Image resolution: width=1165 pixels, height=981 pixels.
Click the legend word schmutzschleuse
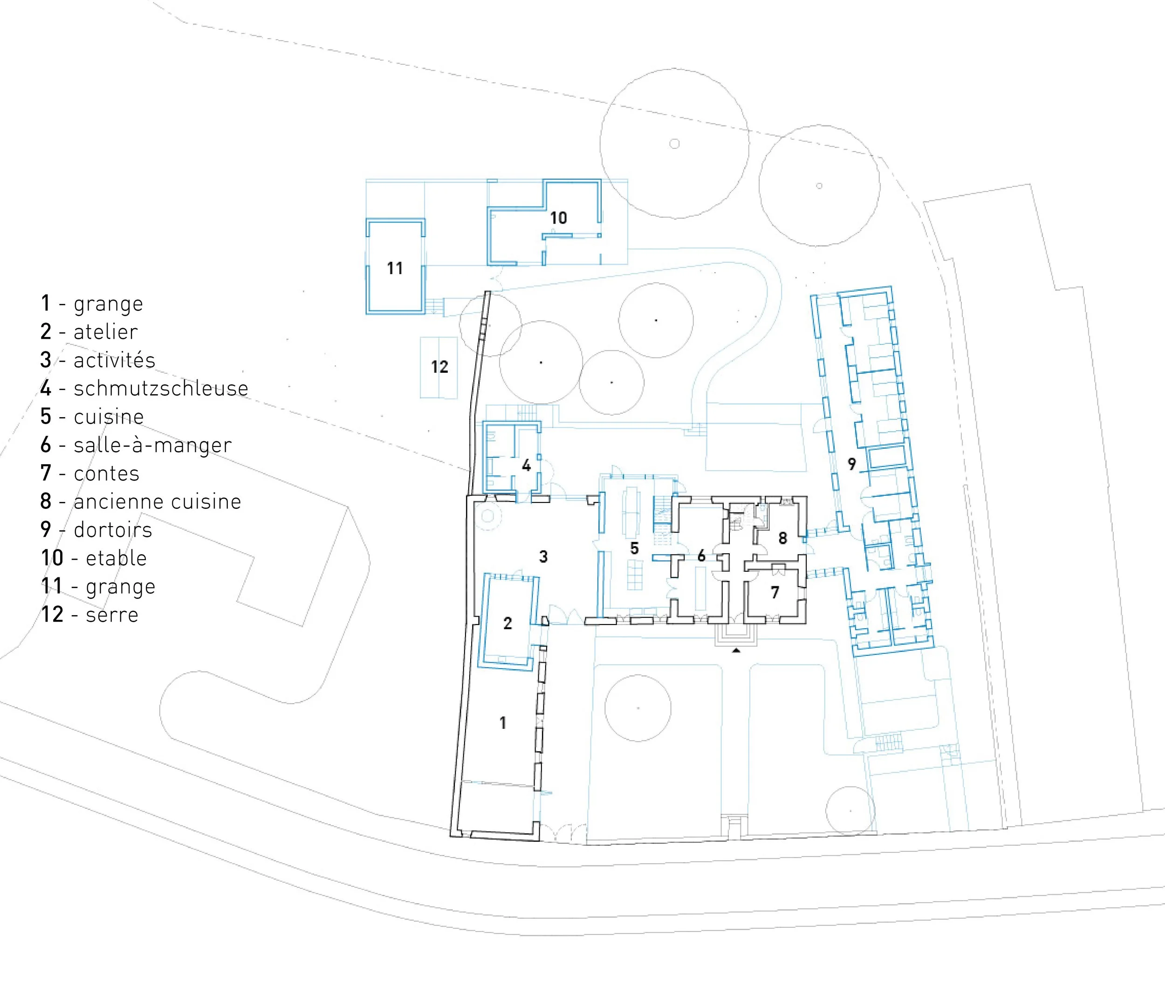[x=161, y=388]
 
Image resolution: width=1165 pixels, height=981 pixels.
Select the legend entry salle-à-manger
[x=152, y=445]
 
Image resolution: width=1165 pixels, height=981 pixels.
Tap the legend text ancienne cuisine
[x=158, y=501]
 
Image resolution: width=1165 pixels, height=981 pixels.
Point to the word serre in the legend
[x=112, y=615]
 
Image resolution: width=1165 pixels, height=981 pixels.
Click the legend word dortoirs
[x=113, y=530]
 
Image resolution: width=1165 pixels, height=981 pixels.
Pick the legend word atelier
[x=106, y=332]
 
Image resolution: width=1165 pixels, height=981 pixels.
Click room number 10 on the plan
[x=558, y=218]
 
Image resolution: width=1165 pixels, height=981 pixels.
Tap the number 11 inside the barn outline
[x=395, y=268]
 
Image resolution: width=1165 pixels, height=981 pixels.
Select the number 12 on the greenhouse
[x=439, y=367]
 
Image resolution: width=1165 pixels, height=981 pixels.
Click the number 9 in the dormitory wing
[x=851, y=464]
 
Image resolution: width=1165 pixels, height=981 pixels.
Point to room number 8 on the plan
[x=783, y=538]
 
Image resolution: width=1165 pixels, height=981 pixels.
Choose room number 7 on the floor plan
[x=775, y=592]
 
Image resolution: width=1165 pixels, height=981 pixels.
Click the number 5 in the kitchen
[x=634, y=549]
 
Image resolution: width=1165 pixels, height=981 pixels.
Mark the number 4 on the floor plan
[x=526, y=466]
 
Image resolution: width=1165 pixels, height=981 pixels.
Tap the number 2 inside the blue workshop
[x=507, y=624]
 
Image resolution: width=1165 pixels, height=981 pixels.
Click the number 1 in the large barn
[x=503, y=722]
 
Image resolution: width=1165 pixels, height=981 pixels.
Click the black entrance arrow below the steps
[x=736, y=650]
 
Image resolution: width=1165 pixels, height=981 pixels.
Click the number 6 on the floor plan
[x=701, y=555]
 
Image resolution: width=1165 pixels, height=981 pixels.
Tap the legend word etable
[x=116, y=558]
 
